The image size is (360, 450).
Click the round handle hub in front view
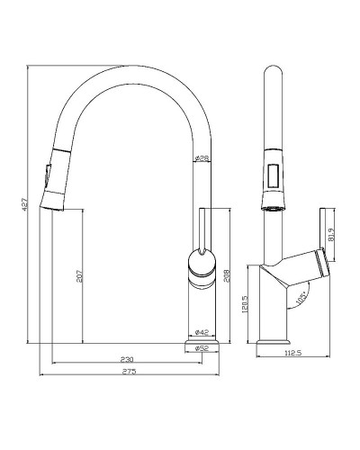[201, 263]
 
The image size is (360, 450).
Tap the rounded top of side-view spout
[272, 76]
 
